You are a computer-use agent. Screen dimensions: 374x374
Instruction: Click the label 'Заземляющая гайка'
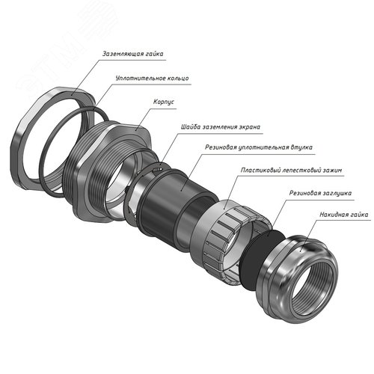pyautogui.click(x=133, y=54)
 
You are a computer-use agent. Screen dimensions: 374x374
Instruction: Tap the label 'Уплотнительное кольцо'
pyautogui.click(x=152, y=78)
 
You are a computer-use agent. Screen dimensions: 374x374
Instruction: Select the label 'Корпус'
pyautogui.click(x=164, y=102)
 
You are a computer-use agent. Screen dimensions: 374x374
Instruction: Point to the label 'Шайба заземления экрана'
pyautogui.click(x=221, y=126)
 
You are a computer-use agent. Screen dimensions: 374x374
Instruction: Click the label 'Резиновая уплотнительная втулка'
pyautogui.click(x=259, y=147)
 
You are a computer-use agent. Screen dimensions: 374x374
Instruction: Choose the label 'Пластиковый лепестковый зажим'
pyautogui.click(x=291, y=170)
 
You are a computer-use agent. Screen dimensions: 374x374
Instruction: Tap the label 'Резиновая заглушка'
pyautogui.click(x=320, y=193)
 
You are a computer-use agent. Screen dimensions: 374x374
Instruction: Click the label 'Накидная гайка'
pyautogui.click(x=344, y=215)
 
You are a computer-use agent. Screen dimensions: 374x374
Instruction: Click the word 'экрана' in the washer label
pyautogui.click(x=250, y=127)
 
